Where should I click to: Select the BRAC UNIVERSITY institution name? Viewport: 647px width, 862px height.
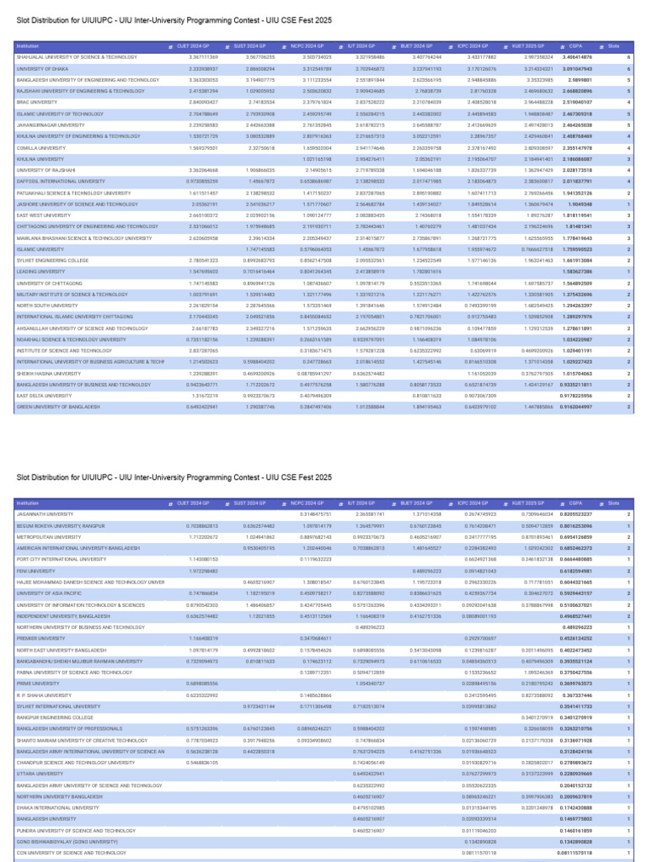tap(34, 102)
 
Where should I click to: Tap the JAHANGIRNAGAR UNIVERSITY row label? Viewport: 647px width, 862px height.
tap(46, 125)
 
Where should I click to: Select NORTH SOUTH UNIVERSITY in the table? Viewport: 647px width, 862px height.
tap(43, 306)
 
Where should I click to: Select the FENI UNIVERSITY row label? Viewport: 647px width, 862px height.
tap(33, 570)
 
